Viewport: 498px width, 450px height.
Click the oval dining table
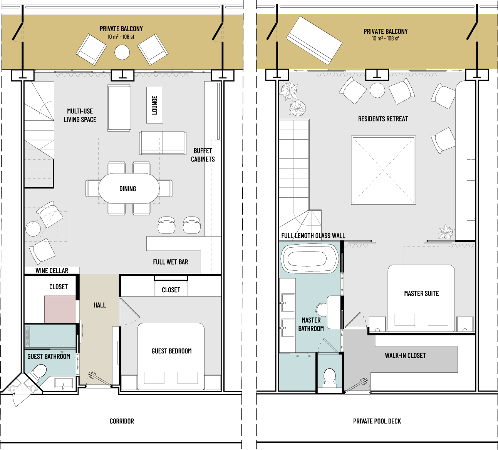click(129, 188)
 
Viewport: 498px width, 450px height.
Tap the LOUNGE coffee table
click(155, 105)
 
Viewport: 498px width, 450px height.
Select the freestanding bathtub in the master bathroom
click(310, 259)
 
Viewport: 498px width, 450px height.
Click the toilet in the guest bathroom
click(39, 371)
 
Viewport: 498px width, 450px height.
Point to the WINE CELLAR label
click(52, 270)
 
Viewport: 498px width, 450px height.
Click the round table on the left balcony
click(122, 52)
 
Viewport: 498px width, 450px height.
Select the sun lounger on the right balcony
click(314, 40)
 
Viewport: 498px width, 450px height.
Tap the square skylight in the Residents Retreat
click(383, 170)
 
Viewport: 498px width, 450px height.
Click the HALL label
click(100, 305)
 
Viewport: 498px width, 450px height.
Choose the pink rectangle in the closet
click(60, 309)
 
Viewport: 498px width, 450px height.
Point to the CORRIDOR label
click(122, 421)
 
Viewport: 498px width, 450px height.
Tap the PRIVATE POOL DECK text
click(377, 421)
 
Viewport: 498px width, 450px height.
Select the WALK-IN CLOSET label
click(405, 355)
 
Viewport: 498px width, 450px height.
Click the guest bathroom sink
click(64, 383)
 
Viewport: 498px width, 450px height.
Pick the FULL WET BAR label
click(171, 262)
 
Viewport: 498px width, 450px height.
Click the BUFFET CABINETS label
click(203, 155)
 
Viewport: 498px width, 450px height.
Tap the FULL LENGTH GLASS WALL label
click(313, 235)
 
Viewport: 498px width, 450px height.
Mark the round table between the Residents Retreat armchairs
click(377, 90)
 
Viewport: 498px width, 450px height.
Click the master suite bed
click(421, 298)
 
